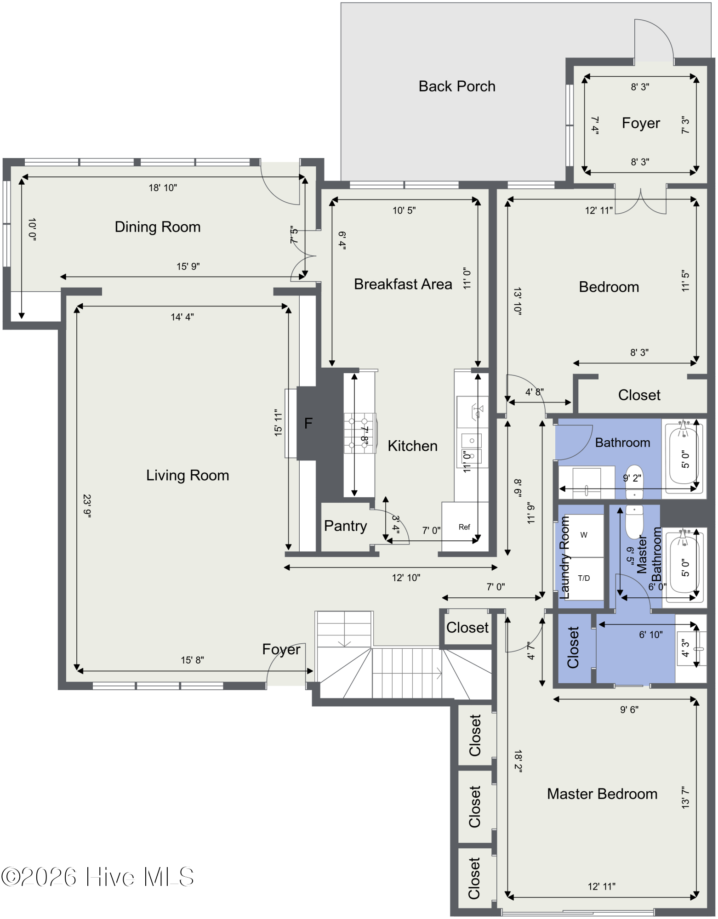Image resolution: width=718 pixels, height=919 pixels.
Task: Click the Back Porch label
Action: pos(457,86)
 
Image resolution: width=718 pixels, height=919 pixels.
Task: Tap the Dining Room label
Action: pos(158,227)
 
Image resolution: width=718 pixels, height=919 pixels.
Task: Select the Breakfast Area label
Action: pos(403,284)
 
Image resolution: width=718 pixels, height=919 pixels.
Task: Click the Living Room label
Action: pos(188,475)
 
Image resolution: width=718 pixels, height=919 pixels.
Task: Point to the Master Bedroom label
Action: pos(602,794)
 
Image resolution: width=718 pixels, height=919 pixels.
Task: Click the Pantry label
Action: pos(345,526)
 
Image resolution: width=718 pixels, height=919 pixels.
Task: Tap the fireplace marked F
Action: pos(308,423)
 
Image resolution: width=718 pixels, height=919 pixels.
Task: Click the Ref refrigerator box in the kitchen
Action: pos(465,527)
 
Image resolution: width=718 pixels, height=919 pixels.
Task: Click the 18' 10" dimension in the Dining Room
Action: pos(163,187)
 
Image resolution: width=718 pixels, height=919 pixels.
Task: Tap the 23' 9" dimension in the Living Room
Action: pos(87,506)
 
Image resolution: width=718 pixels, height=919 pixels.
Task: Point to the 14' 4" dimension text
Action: pos(182,317)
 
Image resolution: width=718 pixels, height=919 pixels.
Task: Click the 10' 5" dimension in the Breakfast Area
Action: pos(404,210)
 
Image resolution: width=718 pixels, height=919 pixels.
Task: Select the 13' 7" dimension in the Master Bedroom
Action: pos(685,797)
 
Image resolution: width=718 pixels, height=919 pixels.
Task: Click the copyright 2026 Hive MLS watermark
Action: pos(97,877)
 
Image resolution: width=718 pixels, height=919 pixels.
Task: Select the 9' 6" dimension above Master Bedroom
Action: pos(629,709)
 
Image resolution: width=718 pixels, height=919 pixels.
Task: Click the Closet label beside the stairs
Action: pos(467,628)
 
